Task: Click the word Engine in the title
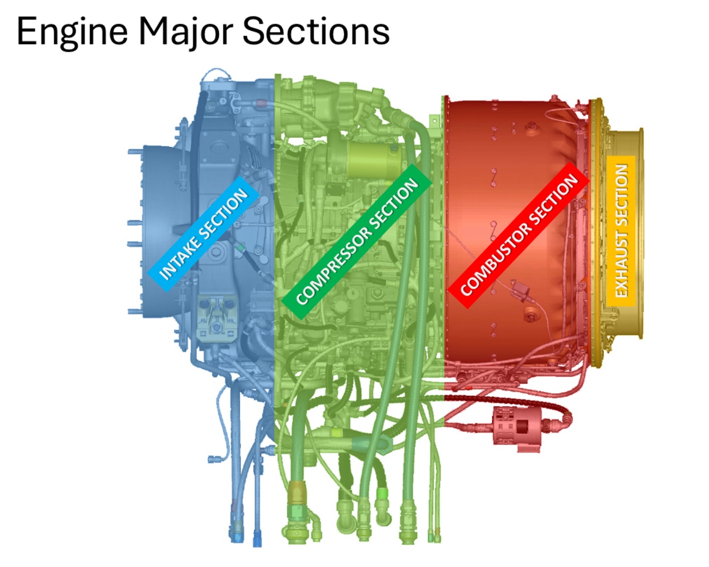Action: point(72,32)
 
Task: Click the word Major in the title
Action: point(185,32)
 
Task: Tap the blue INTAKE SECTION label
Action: point(204,234)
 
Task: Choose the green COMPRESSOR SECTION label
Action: point(357,242)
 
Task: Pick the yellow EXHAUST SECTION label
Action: point(621,231)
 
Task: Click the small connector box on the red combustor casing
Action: point(519,291)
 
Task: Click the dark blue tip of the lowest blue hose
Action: point(257,541)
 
